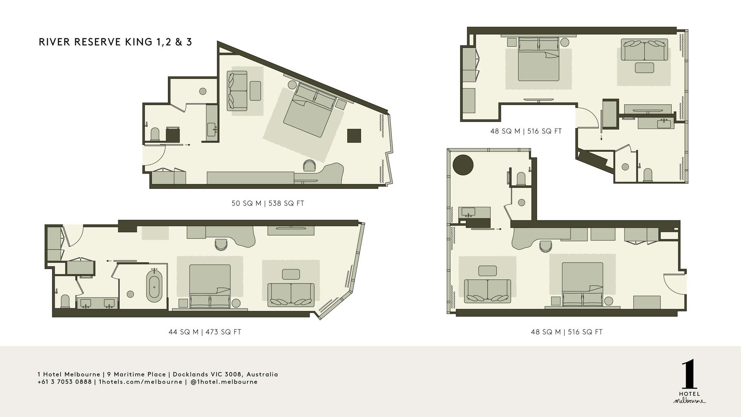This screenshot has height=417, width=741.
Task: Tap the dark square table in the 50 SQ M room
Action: click(x=354, y=136)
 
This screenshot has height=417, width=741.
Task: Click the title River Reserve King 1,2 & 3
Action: click(x=115, y=42)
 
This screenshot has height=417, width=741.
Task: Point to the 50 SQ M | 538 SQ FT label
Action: click(x=268, y=203)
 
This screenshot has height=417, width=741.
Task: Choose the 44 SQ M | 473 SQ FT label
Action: click(x=205, y=332)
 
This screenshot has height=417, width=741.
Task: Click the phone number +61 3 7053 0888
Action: click(x=64, y=382)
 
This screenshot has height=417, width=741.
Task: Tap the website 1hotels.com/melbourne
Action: click(x=140, y=382)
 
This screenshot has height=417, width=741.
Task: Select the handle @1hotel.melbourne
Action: click(x=224, y=382)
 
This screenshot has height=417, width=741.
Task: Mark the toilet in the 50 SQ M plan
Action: click(x=155, y=134)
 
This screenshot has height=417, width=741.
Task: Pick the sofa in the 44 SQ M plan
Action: click(x=291, y=295)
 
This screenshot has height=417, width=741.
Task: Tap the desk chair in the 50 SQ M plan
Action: click(x=309, y=166)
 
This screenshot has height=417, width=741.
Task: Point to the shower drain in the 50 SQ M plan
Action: click(x=203, y=91)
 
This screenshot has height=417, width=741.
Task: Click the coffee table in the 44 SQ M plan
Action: click(x=291, y=274)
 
